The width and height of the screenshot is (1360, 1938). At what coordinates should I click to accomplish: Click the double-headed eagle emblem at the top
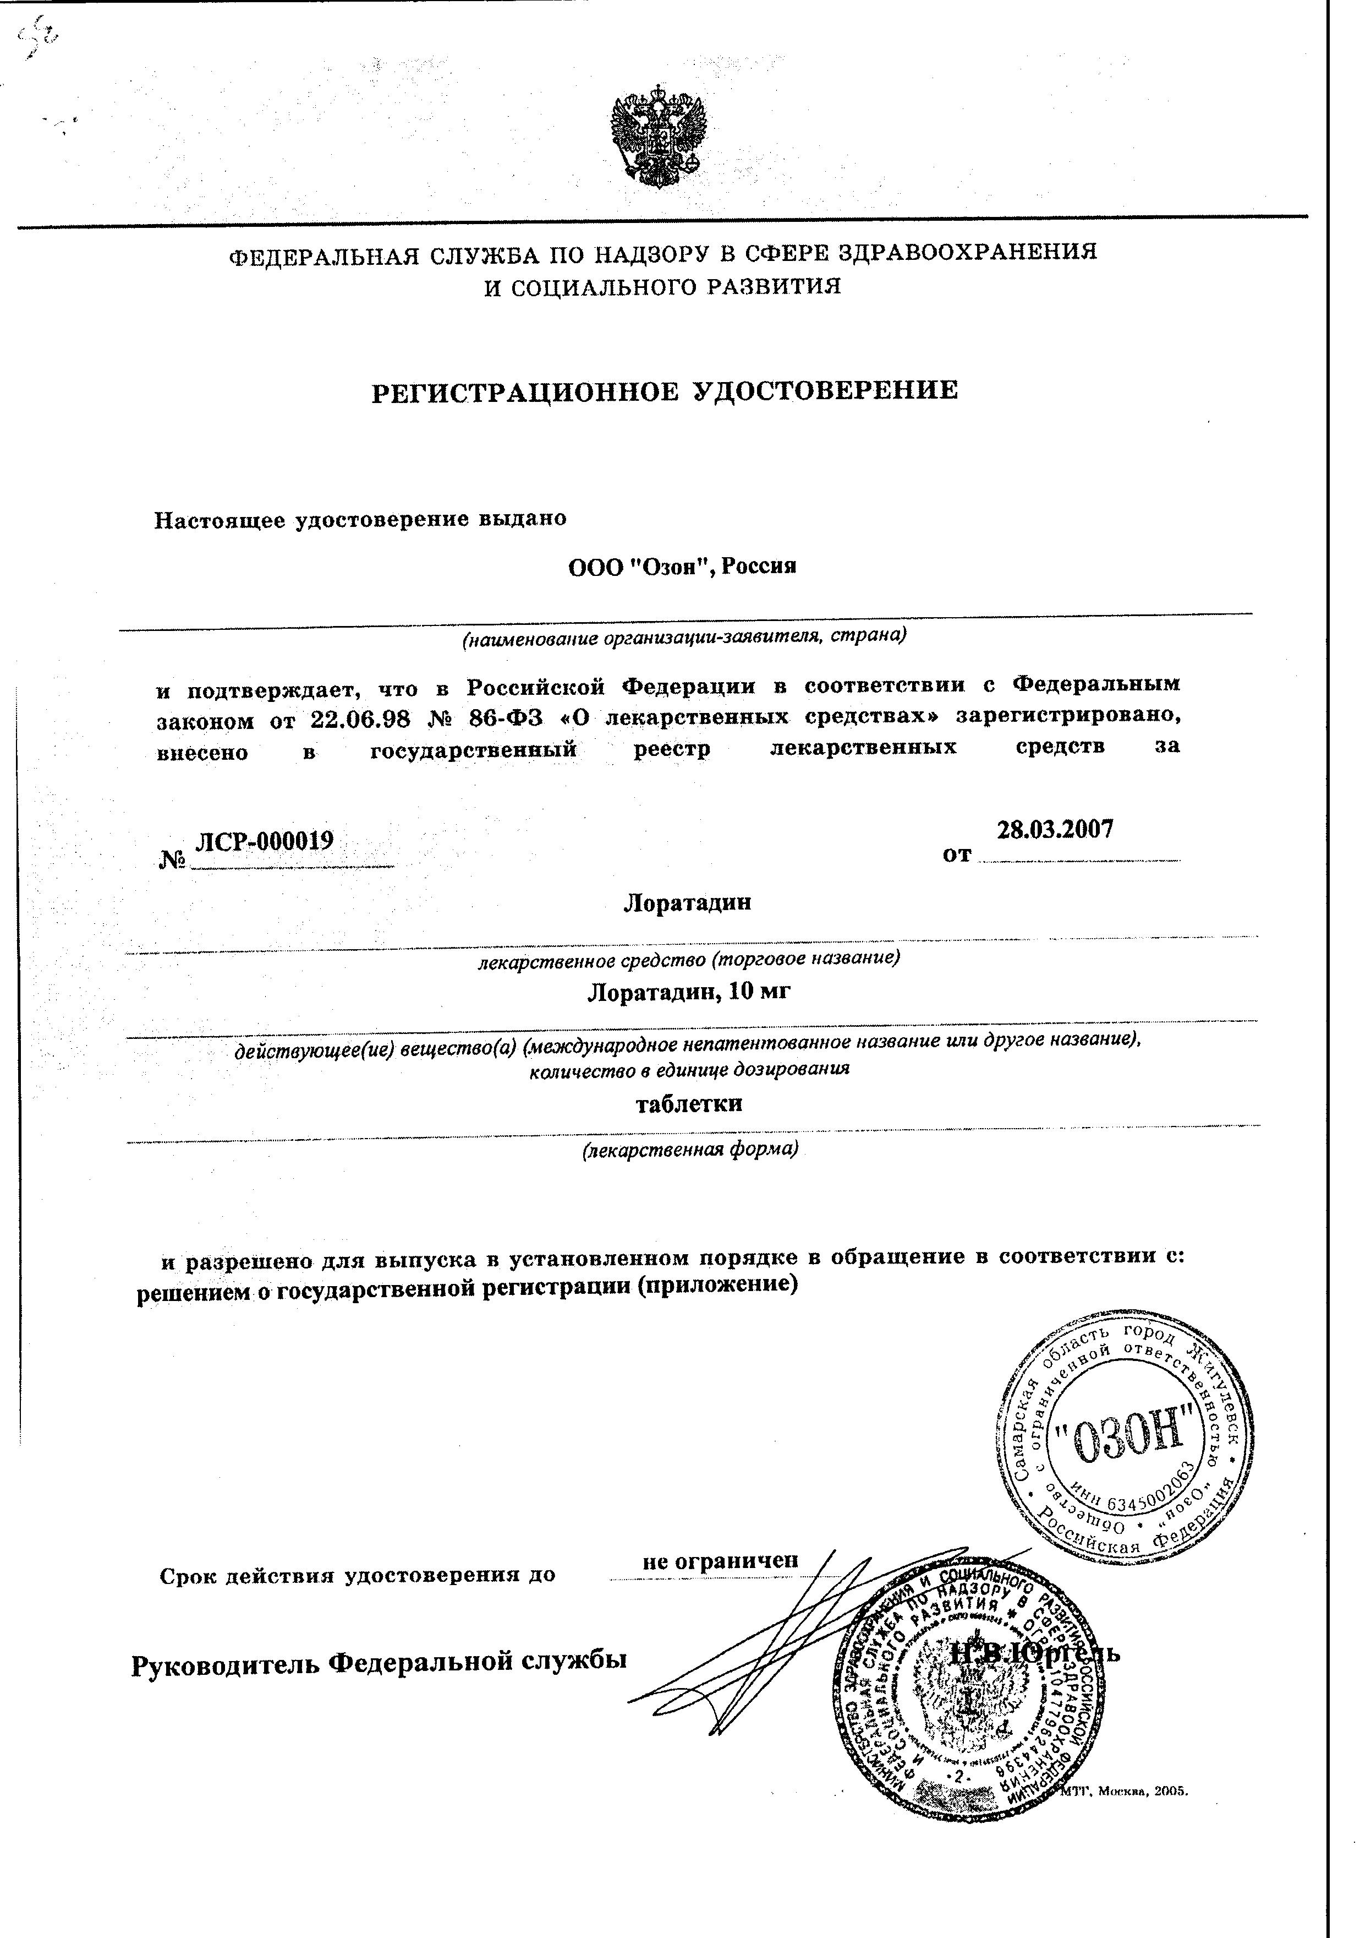pos(657,140)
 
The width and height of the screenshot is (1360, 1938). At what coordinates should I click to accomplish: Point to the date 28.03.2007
pos(1055,829)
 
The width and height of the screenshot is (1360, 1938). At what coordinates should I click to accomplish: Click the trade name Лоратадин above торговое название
pos(687,903)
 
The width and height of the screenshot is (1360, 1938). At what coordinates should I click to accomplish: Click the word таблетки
pos(688,1104)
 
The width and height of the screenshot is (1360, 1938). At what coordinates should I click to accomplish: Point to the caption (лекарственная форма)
pos(690,1150)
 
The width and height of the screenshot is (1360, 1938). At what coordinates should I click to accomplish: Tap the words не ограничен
pos(720,1561)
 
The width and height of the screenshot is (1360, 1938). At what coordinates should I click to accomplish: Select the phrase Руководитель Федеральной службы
pos(379,1663)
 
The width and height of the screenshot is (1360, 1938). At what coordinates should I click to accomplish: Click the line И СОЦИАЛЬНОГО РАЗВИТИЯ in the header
pos(662,287)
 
